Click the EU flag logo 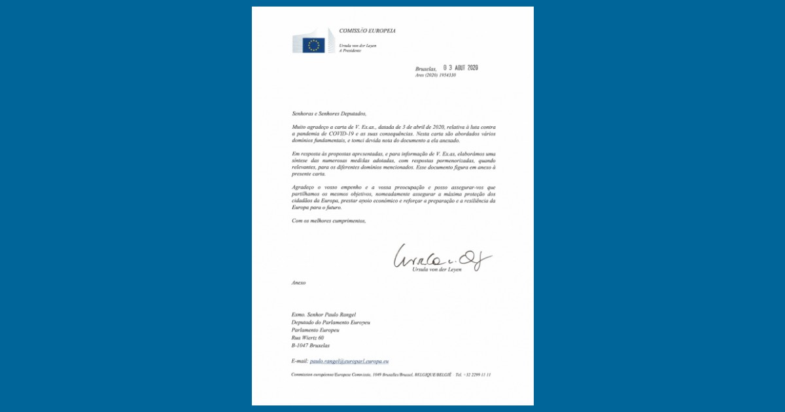[313, 44]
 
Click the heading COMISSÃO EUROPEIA [367, 31]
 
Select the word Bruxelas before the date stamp [426, 69]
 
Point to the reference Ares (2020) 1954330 [436, 75]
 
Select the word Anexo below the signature [299, 283]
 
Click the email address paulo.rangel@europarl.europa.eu [349, 361]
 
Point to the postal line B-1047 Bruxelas [311, 345]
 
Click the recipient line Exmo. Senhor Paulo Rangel [323, 314]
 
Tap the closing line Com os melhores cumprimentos [329, 221]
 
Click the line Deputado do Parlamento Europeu [330, 322]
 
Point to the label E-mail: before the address [300, 361]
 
